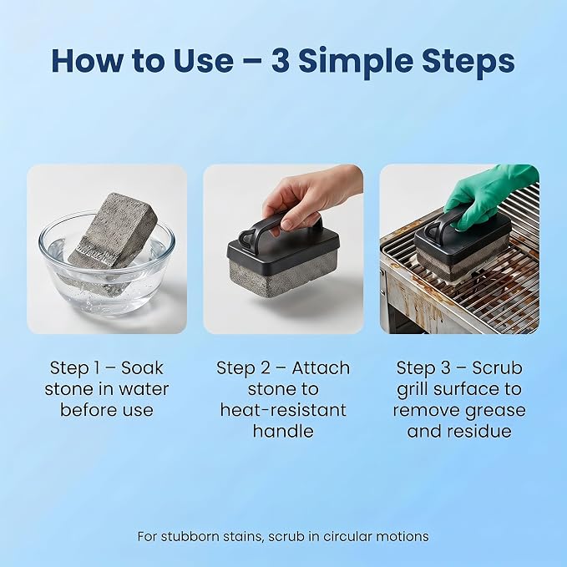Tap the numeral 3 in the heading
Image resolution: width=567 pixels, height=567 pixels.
point(281,61)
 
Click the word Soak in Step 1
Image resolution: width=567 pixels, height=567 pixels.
point(142,368)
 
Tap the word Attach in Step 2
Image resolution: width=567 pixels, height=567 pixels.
point(321,368)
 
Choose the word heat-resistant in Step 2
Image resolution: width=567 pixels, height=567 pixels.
point(283,410)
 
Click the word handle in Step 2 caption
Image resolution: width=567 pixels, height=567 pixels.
point(283,431)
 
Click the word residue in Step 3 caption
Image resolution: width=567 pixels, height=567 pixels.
point(478,431)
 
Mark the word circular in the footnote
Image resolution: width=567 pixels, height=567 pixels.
point(347,536)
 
